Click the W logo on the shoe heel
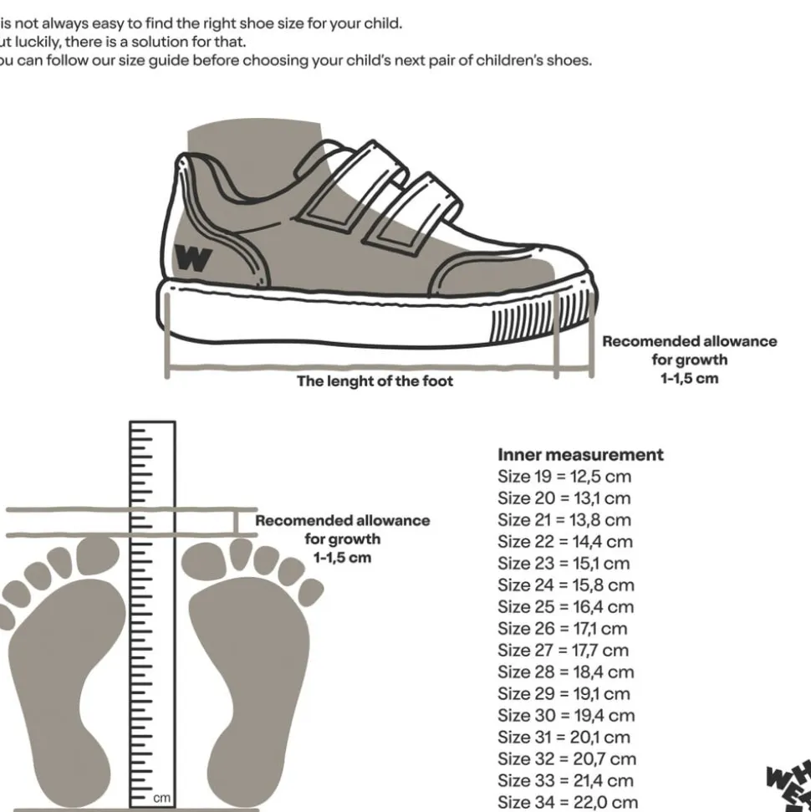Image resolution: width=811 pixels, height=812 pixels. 193,258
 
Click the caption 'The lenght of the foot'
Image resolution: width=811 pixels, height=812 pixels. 375,381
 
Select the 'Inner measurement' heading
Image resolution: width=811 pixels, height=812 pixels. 580,455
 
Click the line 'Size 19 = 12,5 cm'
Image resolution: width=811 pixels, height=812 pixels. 564,477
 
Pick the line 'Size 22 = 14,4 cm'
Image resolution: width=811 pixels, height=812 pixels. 565,542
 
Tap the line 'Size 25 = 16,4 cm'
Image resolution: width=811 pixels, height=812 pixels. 565,607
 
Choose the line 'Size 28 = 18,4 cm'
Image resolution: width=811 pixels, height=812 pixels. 565,672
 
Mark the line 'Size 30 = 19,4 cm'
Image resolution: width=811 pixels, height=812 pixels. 566,716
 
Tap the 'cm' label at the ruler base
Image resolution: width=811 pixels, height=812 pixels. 162,798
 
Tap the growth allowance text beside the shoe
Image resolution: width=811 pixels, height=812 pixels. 689,360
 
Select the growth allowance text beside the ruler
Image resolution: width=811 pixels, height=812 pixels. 342,539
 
